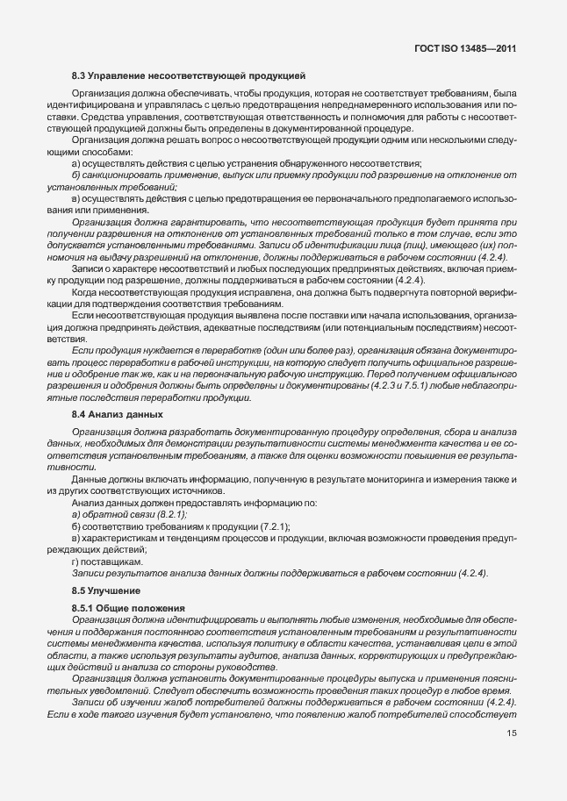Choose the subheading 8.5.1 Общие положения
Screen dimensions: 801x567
click(128, 608)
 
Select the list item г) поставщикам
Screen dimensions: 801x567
click(109, 561)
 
